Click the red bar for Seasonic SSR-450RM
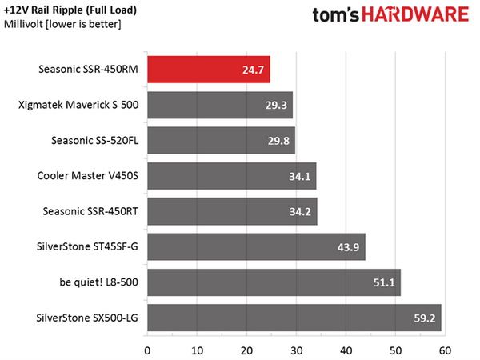point(209,70)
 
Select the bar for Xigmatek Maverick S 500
point(220,105)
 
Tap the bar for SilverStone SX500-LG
point(294,318)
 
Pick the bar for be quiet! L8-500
point(274,282)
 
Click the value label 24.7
point(253,70)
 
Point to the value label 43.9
point(348,247)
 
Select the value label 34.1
point(300,176)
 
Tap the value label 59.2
point(424,318)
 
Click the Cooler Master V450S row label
point(88,176)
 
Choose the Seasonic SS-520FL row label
point(95,141)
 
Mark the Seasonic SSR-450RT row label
point(90,211)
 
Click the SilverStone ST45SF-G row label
point(87,246)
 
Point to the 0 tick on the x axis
point(147,351)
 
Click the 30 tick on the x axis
point(296,351)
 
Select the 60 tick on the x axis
point(445,351)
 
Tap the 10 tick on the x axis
point(197,351)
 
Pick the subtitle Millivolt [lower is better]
point(62,24)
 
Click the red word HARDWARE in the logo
point(415,14)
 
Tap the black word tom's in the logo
point(335,15)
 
